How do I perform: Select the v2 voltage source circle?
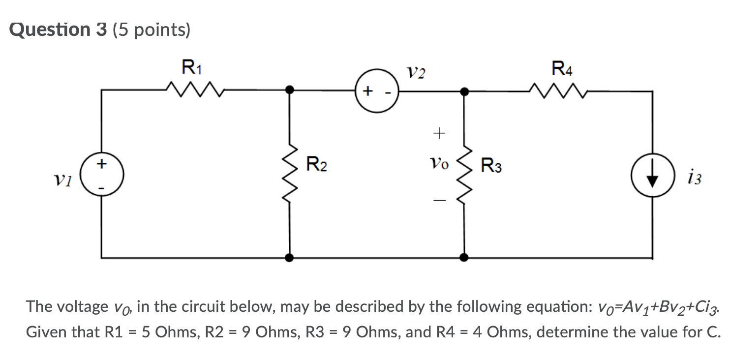pos(376,91)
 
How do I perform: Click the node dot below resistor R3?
pos(464,257)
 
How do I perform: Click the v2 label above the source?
pos(417,73)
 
